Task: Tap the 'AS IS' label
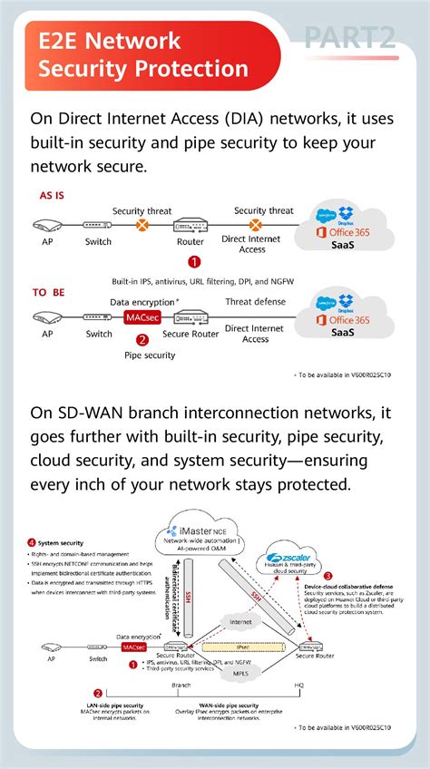[x=52, y=195]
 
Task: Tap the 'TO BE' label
[x=49, y=292]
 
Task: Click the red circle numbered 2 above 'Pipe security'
[x=142, y=340]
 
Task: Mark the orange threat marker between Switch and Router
[x=142, y=224]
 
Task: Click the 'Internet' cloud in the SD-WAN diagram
[x=239, y=622]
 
